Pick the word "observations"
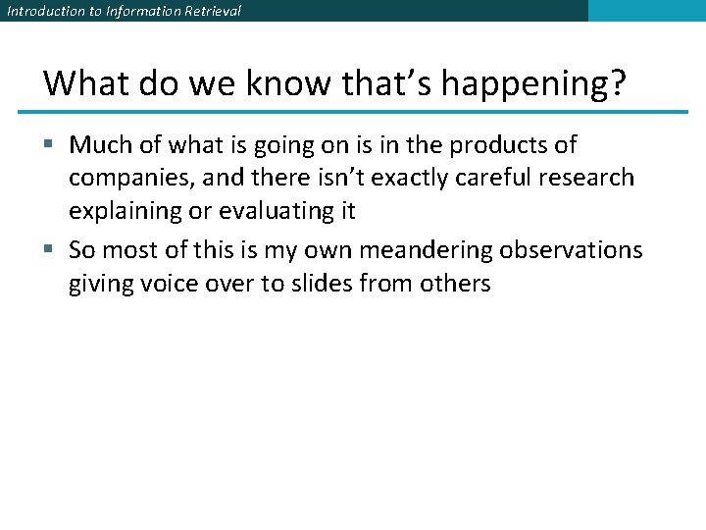tap(572, 250)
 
